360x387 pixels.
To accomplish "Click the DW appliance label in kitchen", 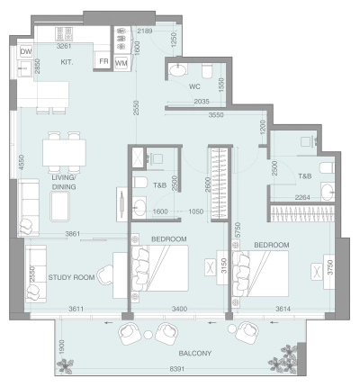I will pos(26,52).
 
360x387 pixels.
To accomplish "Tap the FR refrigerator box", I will pos(103,63).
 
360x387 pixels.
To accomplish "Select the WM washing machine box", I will pos(121,63).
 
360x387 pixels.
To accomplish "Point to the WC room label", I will pos(193,87).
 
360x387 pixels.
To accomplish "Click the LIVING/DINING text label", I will pos(63,184).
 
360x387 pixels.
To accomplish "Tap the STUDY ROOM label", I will pos(71,277).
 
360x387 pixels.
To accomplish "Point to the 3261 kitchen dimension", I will pos(65,42).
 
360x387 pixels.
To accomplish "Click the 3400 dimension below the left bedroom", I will pos(180,310).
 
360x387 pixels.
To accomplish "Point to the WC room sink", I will pos(176,70).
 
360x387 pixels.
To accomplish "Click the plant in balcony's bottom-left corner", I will pos(65,365).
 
